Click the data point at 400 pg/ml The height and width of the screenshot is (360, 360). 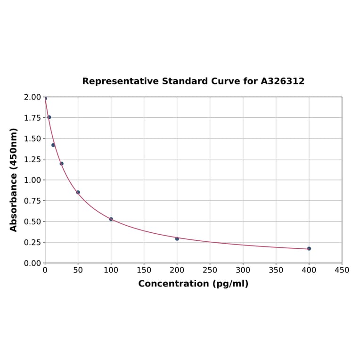pyautogui.click(x=309, y=248)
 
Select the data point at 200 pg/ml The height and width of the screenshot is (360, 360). pyautogui.click(x=177, y=238)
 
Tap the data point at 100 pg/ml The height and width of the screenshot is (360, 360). pyautogui.click(x=111, y=219)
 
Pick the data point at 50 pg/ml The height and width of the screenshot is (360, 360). pyautogui.click(x=78, y=192)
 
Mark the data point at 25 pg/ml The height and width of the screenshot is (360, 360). pyautogui.click(x=62, y=164)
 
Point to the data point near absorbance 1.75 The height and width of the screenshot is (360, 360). pyautogui.click(x=49, y=117)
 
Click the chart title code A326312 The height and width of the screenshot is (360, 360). pyautogui.click(x=282, y=82)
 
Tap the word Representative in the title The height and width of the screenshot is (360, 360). pyautogui.click(x=120, y=82)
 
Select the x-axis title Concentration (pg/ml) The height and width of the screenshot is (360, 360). pyautogui.click(x=193, y=284)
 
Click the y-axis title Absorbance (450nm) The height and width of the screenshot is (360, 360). pyautogui.click(x=14, y=180)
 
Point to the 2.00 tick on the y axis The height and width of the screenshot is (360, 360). pyautogui.click(x=33, y=97)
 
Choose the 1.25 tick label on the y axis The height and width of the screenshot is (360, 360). pyautogui.click(x=33, y=159)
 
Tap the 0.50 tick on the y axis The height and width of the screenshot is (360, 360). pyautogui.click(x=33, y=221)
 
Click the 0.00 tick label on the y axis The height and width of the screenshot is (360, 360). pyautogui.click(x=33, y=263)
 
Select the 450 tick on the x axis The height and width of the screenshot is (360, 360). pyautogui.click(x=342, y=270)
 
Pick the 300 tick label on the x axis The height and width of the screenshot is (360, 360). pyautogui.click(x=243, y=270)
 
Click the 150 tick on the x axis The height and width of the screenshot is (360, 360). pyautogui.click(x=144, y=270)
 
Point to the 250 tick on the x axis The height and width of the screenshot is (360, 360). pyautogui.click(x=210, y=270)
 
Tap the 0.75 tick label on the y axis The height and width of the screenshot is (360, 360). pyautogui.click(x=33, y=201)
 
